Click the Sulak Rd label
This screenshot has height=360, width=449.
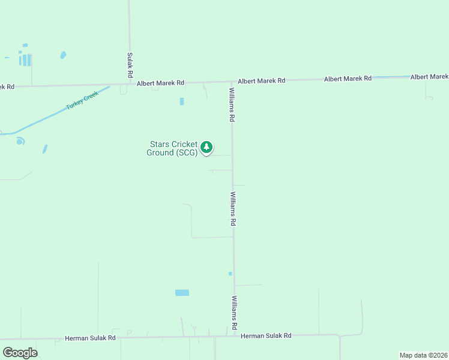coord(130,65)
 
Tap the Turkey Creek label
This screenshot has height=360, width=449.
coord(82,100)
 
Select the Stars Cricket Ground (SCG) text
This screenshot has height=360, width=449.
coord(172,148)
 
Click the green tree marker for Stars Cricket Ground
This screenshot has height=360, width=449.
coord(206,147)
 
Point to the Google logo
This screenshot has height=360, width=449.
coord(20,352)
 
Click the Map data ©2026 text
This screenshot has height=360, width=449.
coord(423,355)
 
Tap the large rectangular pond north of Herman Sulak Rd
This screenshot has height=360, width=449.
coord(182,293)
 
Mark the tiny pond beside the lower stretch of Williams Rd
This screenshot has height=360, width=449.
coord(230,274)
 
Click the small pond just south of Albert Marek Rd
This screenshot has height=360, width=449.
coord(181,101)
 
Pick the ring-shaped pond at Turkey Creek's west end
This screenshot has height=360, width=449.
coord(20,142)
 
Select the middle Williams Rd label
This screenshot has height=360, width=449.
coord(233,208)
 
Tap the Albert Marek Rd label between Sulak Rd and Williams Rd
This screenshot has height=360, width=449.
coord(160,83)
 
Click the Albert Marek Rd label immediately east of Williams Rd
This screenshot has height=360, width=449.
coord(261,80)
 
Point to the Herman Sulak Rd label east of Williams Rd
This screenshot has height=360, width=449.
coord(266,336)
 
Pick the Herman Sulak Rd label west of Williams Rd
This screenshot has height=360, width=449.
coord(90,338)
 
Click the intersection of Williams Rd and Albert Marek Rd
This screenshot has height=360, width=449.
coord(232,82)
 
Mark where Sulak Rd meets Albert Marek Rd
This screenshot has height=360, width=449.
coord(130,84)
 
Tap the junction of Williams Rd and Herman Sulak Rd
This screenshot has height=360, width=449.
coord(234,336)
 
